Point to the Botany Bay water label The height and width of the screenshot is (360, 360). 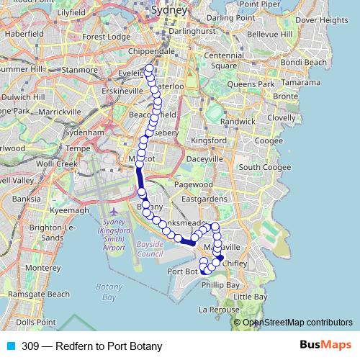point(106,292)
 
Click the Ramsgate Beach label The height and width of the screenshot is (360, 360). point(39,294)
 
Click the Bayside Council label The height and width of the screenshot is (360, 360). point(150,249)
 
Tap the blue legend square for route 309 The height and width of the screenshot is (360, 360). point(11,346)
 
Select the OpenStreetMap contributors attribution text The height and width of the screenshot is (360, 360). point(297,323)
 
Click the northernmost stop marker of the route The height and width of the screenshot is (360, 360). point(149,70)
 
